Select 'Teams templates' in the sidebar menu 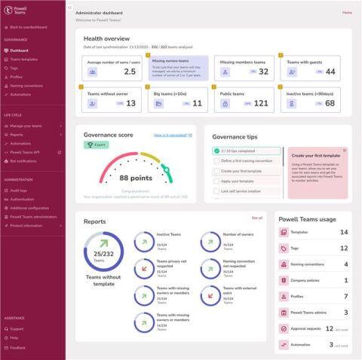click(23, 59)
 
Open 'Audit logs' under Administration click(19, 191)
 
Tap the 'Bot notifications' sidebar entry click(23, 161)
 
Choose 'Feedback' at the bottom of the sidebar click(18, 348)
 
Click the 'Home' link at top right click(347, 13)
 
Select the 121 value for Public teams click(260, 102)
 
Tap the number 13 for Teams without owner click(131, 102)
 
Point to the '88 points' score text click(135, 178)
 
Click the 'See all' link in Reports click(257, 218)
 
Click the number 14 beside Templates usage click(344, 233)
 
